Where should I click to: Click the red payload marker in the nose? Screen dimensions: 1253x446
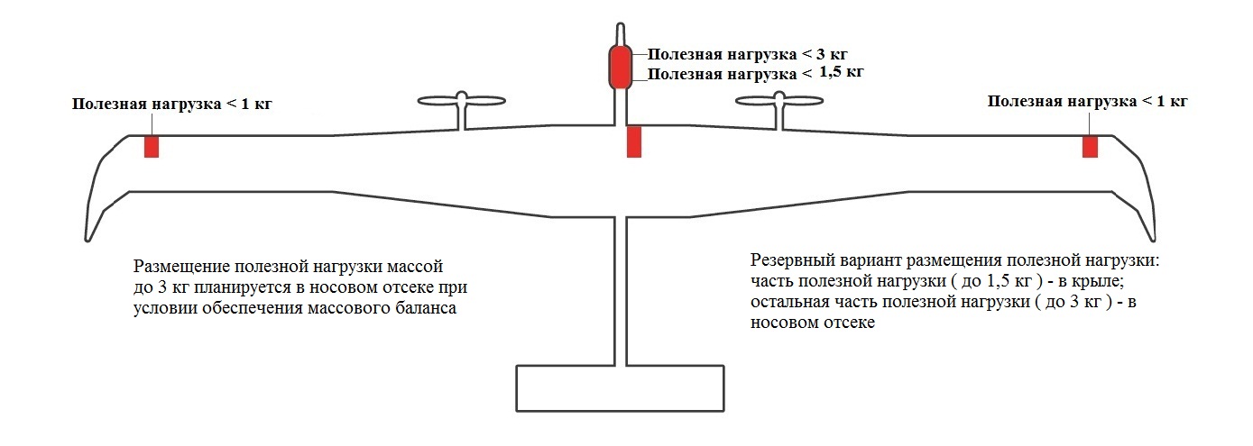click(x=621, y=68)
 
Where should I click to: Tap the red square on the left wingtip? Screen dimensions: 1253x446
click(x=152, y=147)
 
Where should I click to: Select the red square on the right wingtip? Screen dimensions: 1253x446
click(x=1090, y=147)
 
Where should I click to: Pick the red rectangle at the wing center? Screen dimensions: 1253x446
click(x=634, y=142)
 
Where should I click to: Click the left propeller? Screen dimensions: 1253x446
click(x=462, y=101)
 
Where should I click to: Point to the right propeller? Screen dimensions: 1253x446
click(x=779, y=101)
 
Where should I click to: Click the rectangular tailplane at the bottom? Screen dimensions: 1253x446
click(x=620, y=388)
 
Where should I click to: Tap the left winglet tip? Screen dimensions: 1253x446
click(x=88, y=240)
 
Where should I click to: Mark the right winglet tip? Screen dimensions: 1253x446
click(x=1153, y=240)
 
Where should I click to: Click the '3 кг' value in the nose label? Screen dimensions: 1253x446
click(x=833, y=55)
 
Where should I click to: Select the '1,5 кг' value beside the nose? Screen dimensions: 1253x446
click(x=842, y=72)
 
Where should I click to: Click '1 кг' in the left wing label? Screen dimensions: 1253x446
click(x=257, y=104)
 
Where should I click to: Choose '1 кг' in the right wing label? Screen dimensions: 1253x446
click(x=1172, y=102)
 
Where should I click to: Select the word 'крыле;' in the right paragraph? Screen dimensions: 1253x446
click(x=1095, y=282)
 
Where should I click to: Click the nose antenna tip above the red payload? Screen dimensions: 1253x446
click(x=621, y=24)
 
